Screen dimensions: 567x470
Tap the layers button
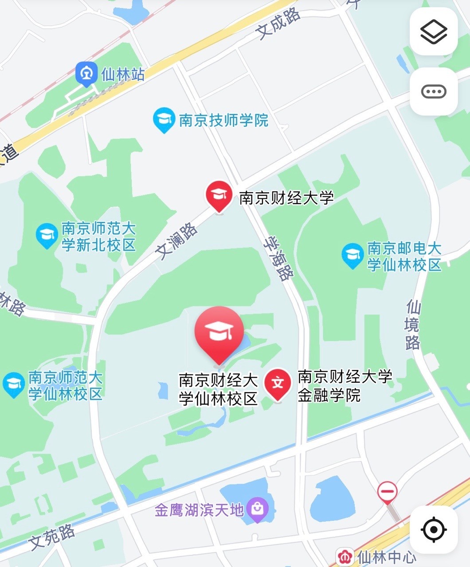[x=433, y=31]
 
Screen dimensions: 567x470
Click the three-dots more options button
[x=433, y=92]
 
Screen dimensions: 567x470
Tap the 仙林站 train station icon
[x=86, y=74]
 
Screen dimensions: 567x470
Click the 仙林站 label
[x=123, y=74]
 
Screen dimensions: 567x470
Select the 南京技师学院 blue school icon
[x=164, y=120]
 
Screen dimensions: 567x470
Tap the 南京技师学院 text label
[x=223, y=120]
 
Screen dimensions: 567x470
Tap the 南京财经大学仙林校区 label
[x=218, y=389]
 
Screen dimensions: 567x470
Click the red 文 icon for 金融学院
[x=278, y=384]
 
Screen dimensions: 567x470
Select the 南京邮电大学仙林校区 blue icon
[x=353, y=256]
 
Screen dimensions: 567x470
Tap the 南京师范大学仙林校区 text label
[x=65, y=386]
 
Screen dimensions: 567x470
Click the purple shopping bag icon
[x=257, y=509]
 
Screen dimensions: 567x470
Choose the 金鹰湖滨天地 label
[x=199, y=510]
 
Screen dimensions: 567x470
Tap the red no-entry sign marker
[x=387, y=491]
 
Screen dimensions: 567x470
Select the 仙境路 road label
[x=413, y=325]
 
